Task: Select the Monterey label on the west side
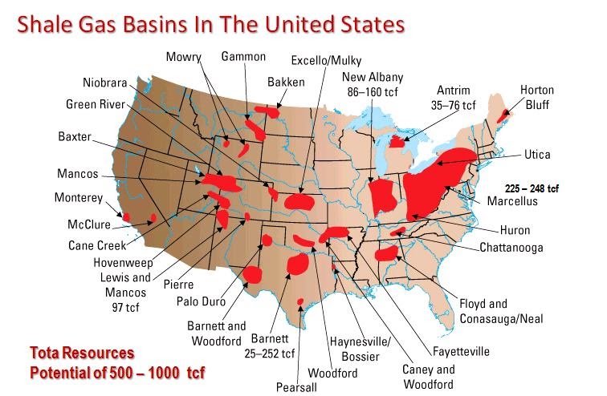[79, 197]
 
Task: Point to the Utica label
[537, 154]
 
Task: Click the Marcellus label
[512, 201]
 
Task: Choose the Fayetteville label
[460, 351]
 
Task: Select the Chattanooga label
[511, 248]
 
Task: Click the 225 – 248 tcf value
[532, 188]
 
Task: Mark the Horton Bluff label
[537, 97]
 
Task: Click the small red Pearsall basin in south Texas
[300, 301]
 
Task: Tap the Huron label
[515, 230]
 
